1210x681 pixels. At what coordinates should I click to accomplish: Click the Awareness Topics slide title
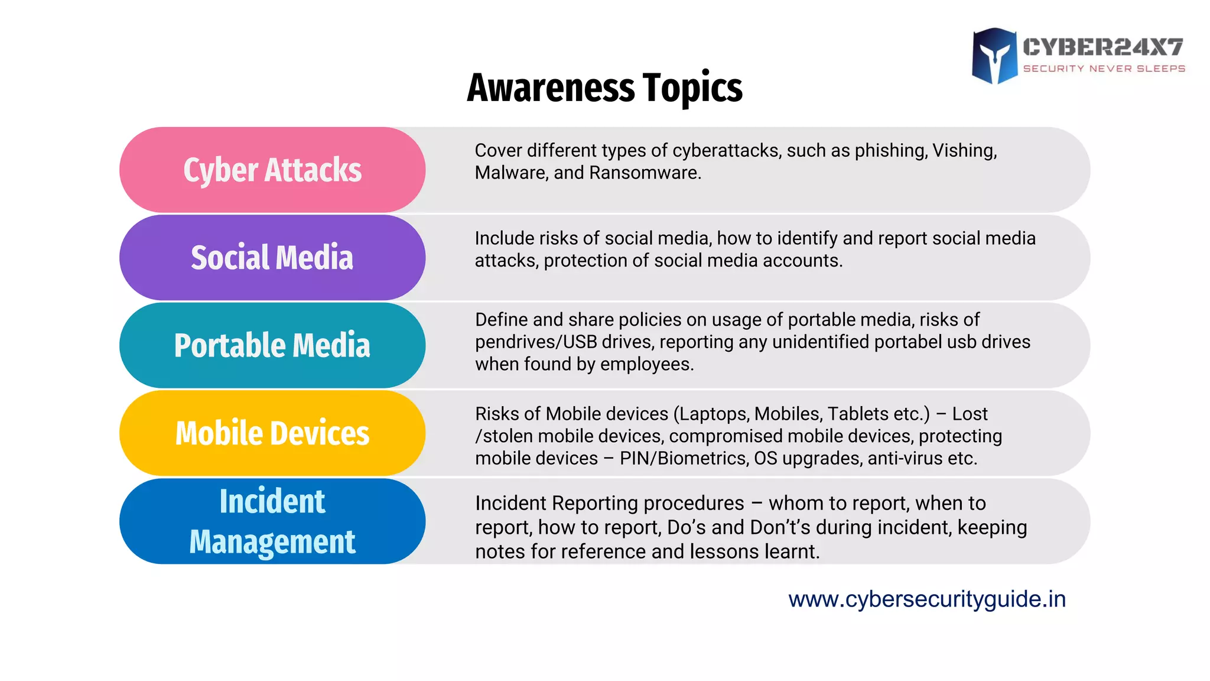pos(604,88)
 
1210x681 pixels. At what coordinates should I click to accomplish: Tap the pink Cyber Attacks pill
pos(272,170)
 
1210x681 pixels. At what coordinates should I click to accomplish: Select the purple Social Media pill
pos(272,258)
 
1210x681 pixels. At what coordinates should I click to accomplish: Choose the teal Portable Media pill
pos(272,345)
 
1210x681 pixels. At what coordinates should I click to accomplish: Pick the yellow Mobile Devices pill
pos(272,433)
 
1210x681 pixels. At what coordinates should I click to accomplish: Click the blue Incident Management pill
pos(272,521)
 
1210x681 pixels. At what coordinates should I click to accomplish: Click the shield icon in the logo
pos(995,56)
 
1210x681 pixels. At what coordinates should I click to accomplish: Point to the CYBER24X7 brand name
pos(1103,47)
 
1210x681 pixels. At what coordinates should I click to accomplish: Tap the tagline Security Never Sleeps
pos(1104,69)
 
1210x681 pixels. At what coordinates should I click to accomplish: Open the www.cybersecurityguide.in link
pos(927,599)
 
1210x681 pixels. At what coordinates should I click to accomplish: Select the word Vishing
pos(964,151)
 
